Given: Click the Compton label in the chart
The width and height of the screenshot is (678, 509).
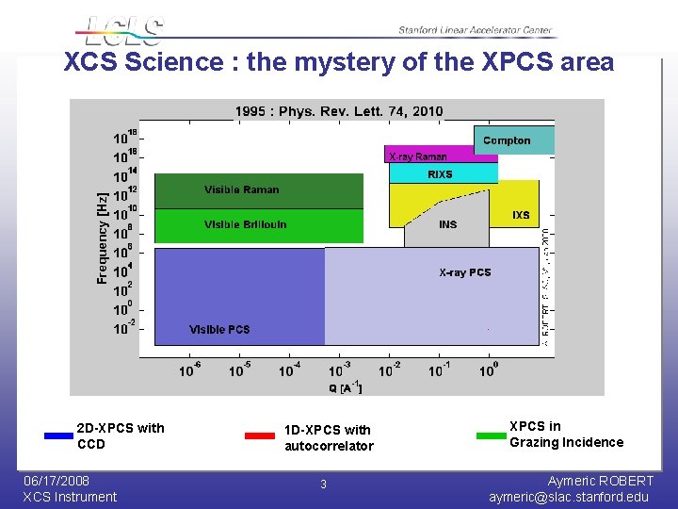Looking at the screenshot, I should [507, 140].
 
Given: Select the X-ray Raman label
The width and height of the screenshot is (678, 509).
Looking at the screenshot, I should [417, 156].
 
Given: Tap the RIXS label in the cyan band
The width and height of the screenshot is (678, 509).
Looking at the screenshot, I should [440, 174].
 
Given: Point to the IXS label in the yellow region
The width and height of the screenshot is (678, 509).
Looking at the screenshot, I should [521, 215].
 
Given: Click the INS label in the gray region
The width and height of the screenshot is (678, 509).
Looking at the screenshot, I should [448, 224].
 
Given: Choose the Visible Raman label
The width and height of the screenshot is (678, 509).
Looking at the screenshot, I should [242, 189].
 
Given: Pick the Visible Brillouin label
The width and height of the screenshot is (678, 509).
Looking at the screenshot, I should [245, 224].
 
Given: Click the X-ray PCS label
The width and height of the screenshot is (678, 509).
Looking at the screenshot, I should [465, 272].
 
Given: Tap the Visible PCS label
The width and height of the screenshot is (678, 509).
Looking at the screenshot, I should [219, 329].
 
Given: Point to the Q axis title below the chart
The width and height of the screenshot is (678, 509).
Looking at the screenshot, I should [345, 387].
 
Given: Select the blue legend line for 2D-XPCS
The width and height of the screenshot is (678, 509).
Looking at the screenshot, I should [58, 435].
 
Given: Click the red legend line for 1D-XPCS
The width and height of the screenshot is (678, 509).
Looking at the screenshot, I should [259, 435].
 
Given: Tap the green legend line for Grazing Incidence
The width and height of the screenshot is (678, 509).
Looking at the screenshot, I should [492, 435].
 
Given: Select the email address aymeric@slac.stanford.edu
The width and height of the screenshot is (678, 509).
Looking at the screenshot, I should [569, 497].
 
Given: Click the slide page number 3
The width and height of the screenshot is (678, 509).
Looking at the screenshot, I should [323, 484].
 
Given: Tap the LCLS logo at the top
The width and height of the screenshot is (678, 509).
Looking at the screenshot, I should [122, 30].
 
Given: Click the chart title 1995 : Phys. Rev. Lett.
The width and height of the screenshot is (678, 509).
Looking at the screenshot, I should [338, 111].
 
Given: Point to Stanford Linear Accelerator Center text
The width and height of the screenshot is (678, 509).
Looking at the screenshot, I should [476, 31].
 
